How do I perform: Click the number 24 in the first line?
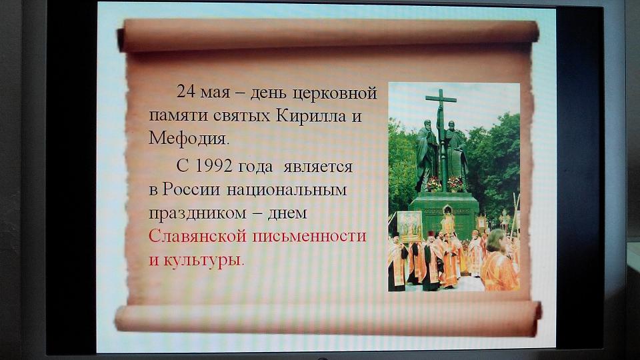tap(186, 91)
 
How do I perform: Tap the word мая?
tap(215, 93)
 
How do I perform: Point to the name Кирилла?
tap(311, 115)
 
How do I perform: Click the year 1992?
tap(214, 166)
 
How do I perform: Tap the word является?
tap(318, 167)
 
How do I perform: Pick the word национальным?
tap(287, 191)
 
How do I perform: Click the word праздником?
tap(197, 214)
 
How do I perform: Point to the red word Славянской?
tap(197, 236)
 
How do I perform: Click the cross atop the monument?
tap(441, 106)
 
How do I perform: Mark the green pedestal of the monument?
tap(443, 214)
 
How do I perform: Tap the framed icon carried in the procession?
tap(410, 227)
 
